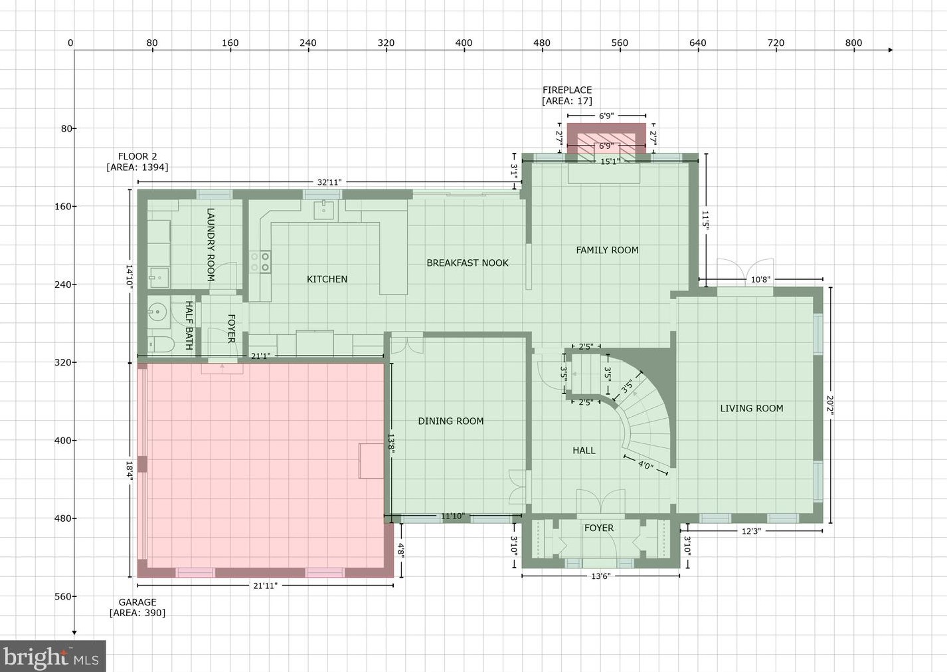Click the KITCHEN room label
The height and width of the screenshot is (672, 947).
pyautogui.click(x=327, y=279)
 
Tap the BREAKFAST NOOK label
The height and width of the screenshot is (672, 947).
pyautogui.click(x=467, y=263)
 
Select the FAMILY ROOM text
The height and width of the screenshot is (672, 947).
pyautogui.click(x=607, y=250)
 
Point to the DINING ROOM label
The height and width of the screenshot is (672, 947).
pyautogui.click(x=450, y=421)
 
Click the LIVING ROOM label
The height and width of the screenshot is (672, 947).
pyautogui.click(x=751, y=408)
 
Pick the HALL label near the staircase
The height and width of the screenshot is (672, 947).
pyautogui.click(x=584, y=450)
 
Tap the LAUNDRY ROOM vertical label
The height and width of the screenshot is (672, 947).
pyautogui.click(x=211, y=245)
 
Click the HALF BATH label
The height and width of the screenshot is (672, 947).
pyautogui.click(x=189, y=325)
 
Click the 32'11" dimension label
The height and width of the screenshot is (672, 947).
pyautogui.click(x=329, y=182)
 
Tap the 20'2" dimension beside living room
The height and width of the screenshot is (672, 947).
pyautogui.click(x=830, y=404)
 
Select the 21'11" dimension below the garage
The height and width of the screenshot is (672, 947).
pyautogui.click(x=265, y=586)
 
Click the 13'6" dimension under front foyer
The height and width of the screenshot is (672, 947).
pyautogui.click(x=600, y=576)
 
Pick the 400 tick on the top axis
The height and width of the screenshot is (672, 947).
pyautogui.click(x=464, y=43)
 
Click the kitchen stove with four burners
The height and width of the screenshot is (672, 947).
pyautogui.click(x=260, y=261)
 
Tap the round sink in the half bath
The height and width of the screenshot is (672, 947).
pyautogui.click(x=157, y=311)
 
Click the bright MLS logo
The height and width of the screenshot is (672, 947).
pyautogui.click(x=52, y=657)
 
